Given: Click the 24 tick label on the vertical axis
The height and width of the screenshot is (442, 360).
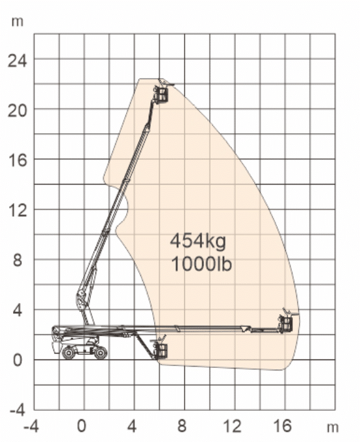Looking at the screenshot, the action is coord(17,60).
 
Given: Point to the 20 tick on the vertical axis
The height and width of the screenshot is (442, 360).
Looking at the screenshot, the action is coord(17,110).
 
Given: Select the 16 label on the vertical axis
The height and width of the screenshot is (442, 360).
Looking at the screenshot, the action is coord(18,161).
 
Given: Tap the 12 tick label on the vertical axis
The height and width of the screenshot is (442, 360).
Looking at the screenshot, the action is coord(18,211).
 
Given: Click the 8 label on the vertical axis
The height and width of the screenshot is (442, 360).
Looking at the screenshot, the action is coord(17,260).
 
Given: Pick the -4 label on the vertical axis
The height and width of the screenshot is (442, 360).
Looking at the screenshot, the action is coord(17,410).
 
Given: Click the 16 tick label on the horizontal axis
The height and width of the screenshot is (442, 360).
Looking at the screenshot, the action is coord(283,426).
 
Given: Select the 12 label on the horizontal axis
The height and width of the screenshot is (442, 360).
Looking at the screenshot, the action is coord(233,426).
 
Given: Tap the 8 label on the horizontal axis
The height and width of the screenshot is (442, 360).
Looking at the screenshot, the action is coord(182,426).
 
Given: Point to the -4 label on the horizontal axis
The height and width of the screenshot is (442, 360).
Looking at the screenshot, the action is coord(31,426).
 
